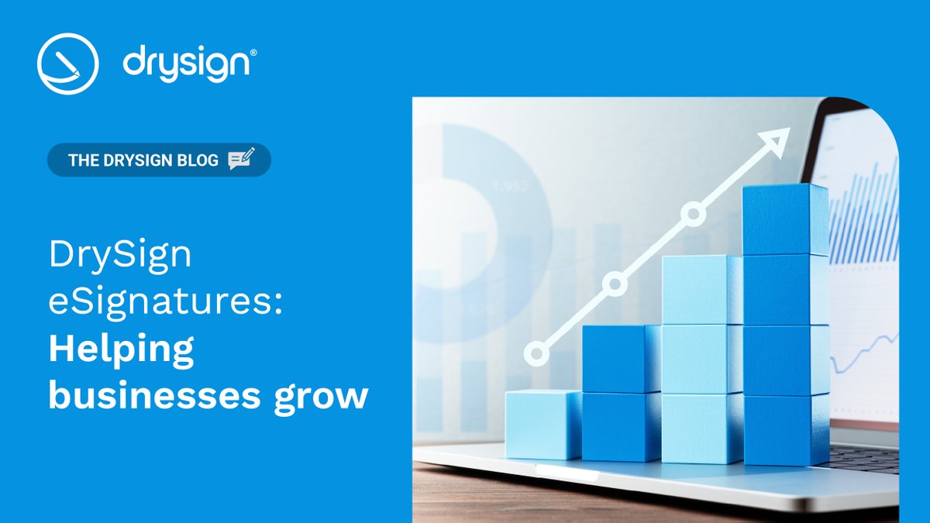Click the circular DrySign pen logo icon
pos(67,64)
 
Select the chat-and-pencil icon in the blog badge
pos(241,160)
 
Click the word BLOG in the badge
pos(197,161)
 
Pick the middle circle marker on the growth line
pos(615,284)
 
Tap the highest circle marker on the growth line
pos(693,214)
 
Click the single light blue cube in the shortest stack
pos(542,424)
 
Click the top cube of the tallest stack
pos(784,220)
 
